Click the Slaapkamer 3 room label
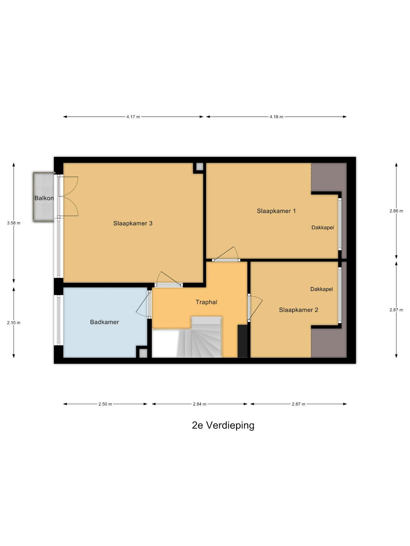(x=133, y=223)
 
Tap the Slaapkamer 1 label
(x=276, y=211)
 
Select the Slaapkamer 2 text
(x=298, y=310)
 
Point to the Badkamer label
(x=105, y=322)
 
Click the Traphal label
(x=206, y=302)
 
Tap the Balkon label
(x=44, y=198)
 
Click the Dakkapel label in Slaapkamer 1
(x=323, y=227)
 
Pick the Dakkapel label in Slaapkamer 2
(x=322, y=289)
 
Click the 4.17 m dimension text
(x=133, y=117)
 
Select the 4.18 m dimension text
(x=276, y=117)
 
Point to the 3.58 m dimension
(x=14, y=223)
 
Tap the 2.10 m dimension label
(x=14, y=323)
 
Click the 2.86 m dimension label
(x=396, y=211)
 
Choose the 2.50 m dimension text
(x=105, y=404)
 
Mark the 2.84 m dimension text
(x=200, y=404)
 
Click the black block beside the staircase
(x=242, y=341)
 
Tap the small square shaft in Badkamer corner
(x=143, y=353)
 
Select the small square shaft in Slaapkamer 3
(x=200, y=167)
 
